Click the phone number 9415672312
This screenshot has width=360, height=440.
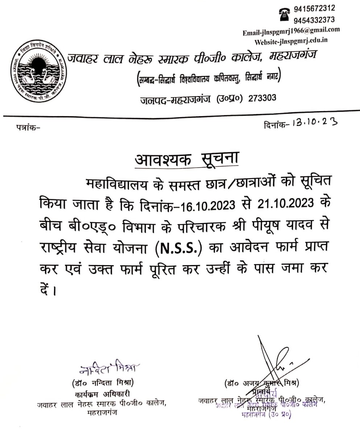[x=314, y=8]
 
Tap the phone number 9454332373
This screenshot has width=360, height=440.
[x=314, y=20]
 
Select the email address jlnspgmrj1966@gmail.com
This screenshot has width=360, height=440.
[x=292, y=31]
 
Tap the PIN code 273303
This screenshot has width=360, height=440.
[x=262, y=98]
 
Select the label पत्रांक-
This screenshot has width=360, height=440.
[x=29, y=128]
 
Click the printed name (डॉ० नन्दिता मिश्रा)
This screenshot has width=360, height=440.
[x=103, y=382]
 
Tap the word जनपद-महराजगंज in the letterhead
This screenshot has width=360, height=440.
[x=176, y=98]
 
